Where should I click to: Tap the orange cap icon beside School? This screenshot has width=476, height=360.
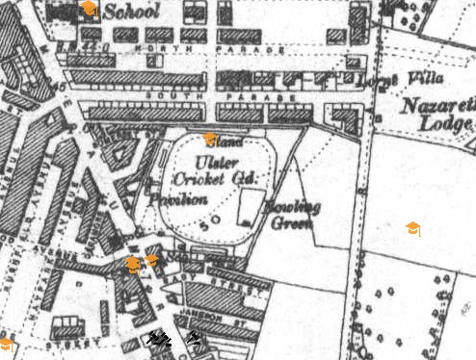(89, 9)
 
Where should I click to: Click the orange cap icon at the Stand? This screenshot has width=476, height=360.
(210, 140)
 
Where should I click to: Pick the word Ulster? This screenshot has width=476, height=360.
(214, 161)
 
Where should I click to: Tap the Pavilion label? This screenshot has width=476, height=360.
(178, 198)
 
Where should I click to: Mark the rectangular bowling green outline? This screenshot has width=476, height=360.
(250, 206)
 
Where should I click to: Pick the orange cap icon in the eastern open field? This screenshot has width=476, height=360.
(412, 228)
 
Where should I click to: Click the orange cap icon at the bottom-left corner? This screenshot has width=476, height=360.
(5, 344)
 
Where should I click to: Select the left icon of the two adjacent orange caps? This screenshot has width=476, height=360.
(134, 264)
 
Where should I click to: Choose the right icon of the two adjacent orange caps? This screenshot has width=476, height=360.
(152, 260)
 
